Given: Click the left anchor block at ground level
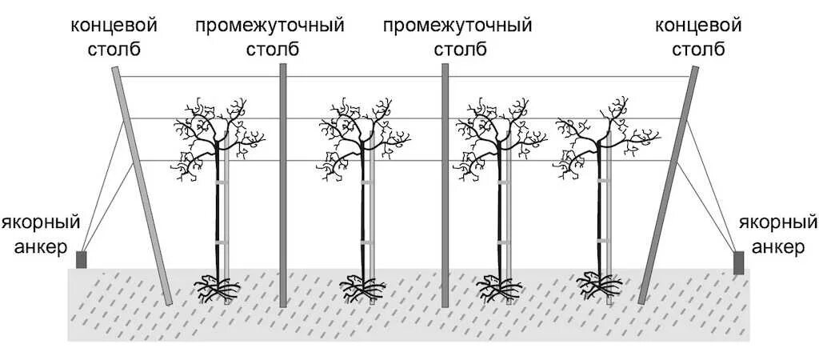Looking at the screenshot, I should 81,259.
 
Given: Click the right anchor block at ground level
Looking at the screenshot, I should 738,262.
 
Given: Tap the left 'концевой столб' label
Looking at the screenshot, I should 114,38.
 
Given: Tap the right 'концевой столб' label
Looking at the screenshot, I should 698,38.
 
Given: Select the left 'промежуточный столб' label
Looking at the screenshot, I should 270,38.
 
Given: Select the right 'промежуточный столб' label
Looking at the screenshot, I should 457,38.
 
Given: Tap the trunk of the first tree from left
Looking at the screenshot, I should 218,216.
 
